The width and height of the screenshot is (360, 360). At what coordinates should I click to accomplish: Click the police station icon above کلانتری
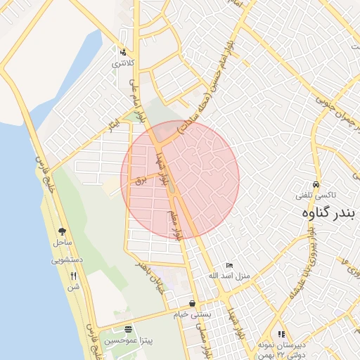click(x=123, y=52)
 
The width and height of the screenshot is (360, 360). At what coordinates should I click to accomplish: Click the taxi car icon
click(x=318, y=184)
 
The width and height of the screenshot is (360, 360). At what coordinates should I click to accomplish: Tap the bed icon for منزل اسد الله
click(x=229, y=266)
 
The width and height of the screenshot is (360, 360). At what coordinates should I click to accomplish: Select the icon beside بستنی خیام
click(x=192, y=304)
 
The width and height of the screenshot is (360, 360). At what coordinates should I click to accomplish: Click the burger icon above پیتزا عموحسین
click(x=127, y=329)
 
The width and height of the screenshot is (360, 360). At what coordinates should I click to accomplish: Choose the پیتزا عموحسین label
click(x=127, y=340)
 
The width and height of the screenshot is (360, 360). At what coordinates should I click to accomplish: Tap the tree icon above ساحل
click(x=63, y=231)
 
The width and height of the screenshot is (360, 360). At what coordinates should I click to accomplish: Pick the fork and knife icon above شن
click(x=74, y=275)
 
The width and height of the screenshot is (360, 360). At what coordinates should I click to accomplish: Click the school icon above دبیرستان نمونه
click(x=281, y=335)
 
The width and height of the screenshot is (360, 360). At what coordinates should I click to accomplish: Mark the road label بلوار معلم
click(x=175, y=224)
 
